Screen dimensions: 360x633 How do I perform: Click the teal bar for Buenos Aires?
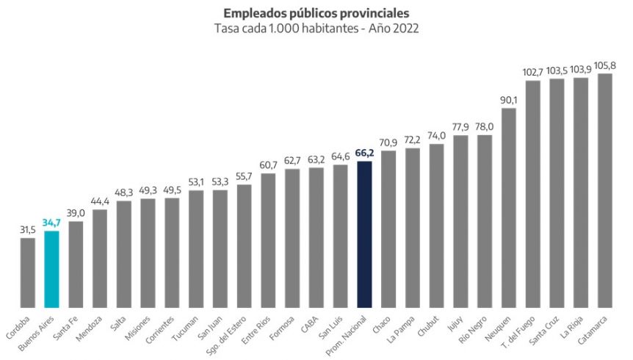point(51,269)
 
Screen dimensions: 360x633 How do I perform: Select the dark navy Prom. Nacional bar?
point(364,234)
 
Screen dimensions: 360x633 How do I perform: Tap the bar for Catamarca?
point(605,190)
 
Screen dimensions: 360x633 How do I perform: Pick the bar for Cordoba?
point(28,272)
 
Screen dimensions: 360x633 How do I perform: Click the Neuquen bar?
point(509,208)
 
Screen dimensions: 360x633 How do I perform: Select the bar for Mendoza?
point(100,258)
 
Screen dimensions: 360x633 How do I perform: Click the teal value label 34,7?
point(51,222)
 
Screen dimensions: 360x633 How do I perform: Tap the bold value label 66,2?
point(364,153)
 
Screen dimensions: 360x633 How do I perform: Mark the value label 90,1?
point(509,100)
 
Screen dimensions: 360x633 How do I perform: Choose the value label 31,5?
point(28,229)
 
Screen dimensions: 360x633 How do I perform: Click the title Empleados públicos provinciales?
point(316,13)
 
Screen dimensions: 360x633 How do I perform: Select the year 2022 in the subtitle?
point(405,29)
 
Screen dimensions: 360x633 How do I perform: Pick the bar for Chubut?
point(437,226)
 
